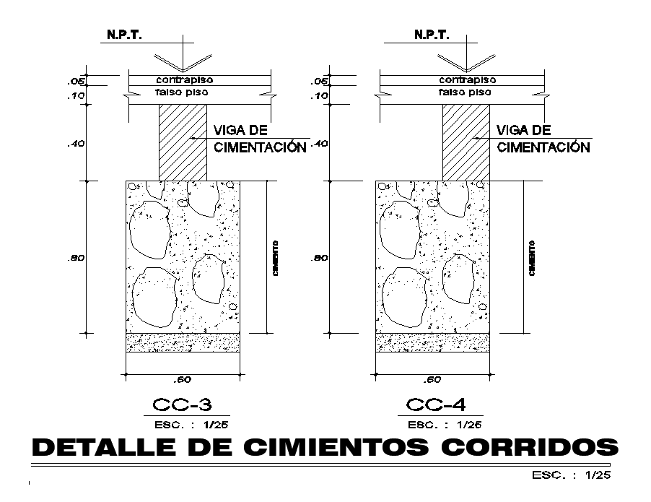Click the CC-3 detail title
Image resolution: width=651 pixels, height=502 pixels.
click(182, 404)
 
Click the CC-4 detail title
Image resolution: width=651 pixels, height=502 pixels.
click(434, 404)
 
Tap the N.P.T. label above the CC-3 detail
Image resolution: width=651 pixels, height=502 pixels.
click(125, 35)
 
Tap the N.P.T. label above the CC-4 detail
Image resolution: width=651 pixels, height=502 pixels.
click(431, 35)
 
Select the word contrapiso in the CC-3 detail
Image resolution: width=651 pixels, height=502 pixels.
click(185, 79)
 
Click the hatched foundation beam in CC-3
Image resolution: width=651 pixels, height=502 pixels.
click(183, 142)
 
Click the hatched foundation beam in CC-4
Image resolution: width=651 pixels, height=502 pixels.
click(466, 142)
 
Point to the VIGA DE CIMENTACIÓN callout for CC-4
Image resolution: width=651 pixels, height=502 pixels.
click(543, 139)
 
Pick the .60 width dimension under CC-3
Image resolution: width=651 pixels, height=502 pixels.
click(183, 380)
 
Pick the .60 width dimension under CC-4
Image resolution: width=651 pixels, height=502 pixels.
click(432, 380)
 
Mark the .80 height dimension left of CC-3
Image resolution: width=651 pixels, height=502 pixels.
click(76, 258)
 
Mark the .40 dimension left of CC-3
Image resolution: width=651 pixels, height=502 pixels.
click(76, 144)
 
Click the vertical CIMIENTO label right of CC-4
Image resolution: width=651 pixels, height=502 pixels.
click(531, 259)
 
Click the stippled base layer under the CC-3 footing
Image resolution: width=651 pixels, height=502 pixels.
click(183, 342)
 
